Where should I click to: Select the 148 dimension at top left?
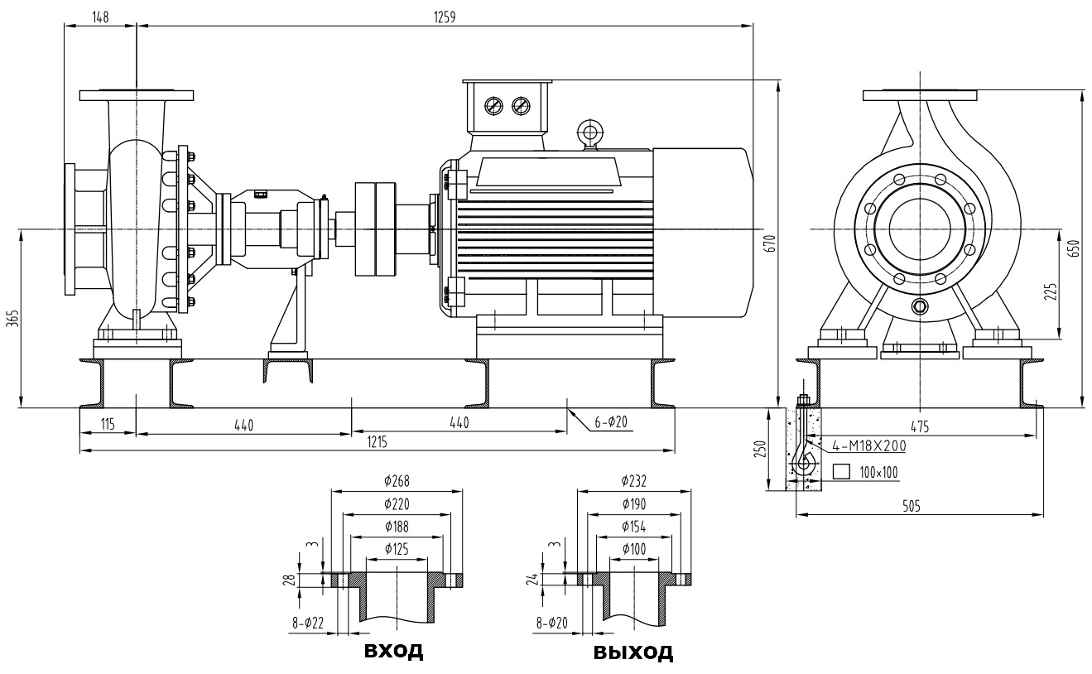click(101, 17)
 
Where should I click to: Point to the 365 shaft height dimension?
click(12, 319)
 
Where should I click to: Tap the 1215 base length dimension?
click(377, 443)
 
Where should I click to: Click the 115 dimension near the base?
click(108, 424)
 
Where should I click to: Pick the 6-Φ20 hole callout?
click(611, 422)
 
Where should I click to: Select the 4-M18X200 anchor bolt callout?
click(868, 445)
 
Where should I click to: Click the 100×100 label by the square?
click(878, 472)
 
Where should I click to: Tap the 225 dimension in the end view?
click(1051, 291)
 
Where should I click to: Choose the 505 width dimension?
click(913, 505)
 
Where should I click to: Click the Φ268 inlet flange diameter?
click(397, 480)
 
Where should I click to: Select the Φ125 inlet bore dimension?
click(397, 549)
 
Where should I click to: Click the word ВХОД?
click(394, 650)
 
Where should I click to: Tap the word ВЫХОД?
click(633, 652)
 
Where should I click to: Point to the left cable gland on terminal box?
click(494, 106)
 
